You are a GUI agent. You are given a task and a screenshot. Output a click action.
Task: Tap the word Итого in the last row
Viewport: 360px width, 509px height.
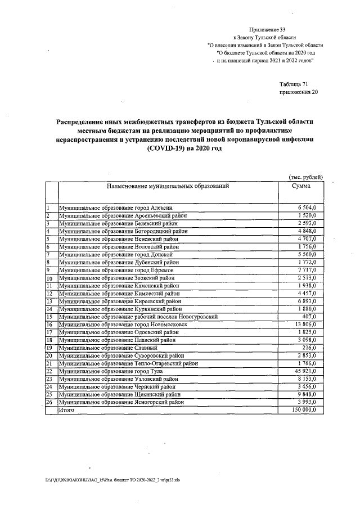click(67, 410)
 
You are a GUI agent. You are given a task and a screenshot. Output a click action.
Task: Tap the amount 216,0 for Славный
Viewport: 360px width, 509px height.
click(308, 348)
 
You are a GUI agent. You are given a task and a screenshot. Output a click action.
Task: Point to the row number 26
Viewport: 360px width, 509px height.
click(49, 402)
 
